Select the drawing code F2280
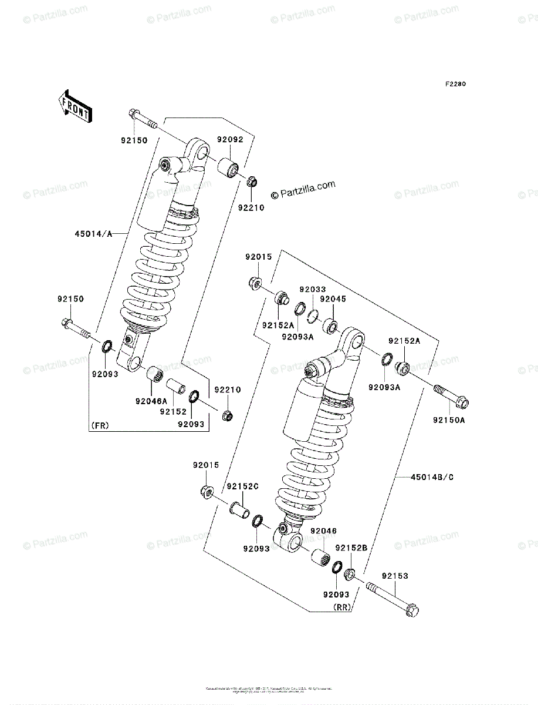pyautogui.click(x=455, y=85)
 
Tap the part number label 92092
pyautogui.click(x=229, y=140)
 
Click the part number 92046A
pyautogui.click(x=151, y=401)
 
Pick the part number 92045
pyautogui.click(x=334, y=298)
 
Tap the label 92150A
pyautogui.click(x=449, y=420)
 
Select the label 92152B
pyautogui.click(x=351, y=548)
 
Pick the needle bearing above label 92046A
pyautogui.click(x=154, y=374)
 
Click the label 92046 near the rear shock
pyautogui.click(x=323, y=531)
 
